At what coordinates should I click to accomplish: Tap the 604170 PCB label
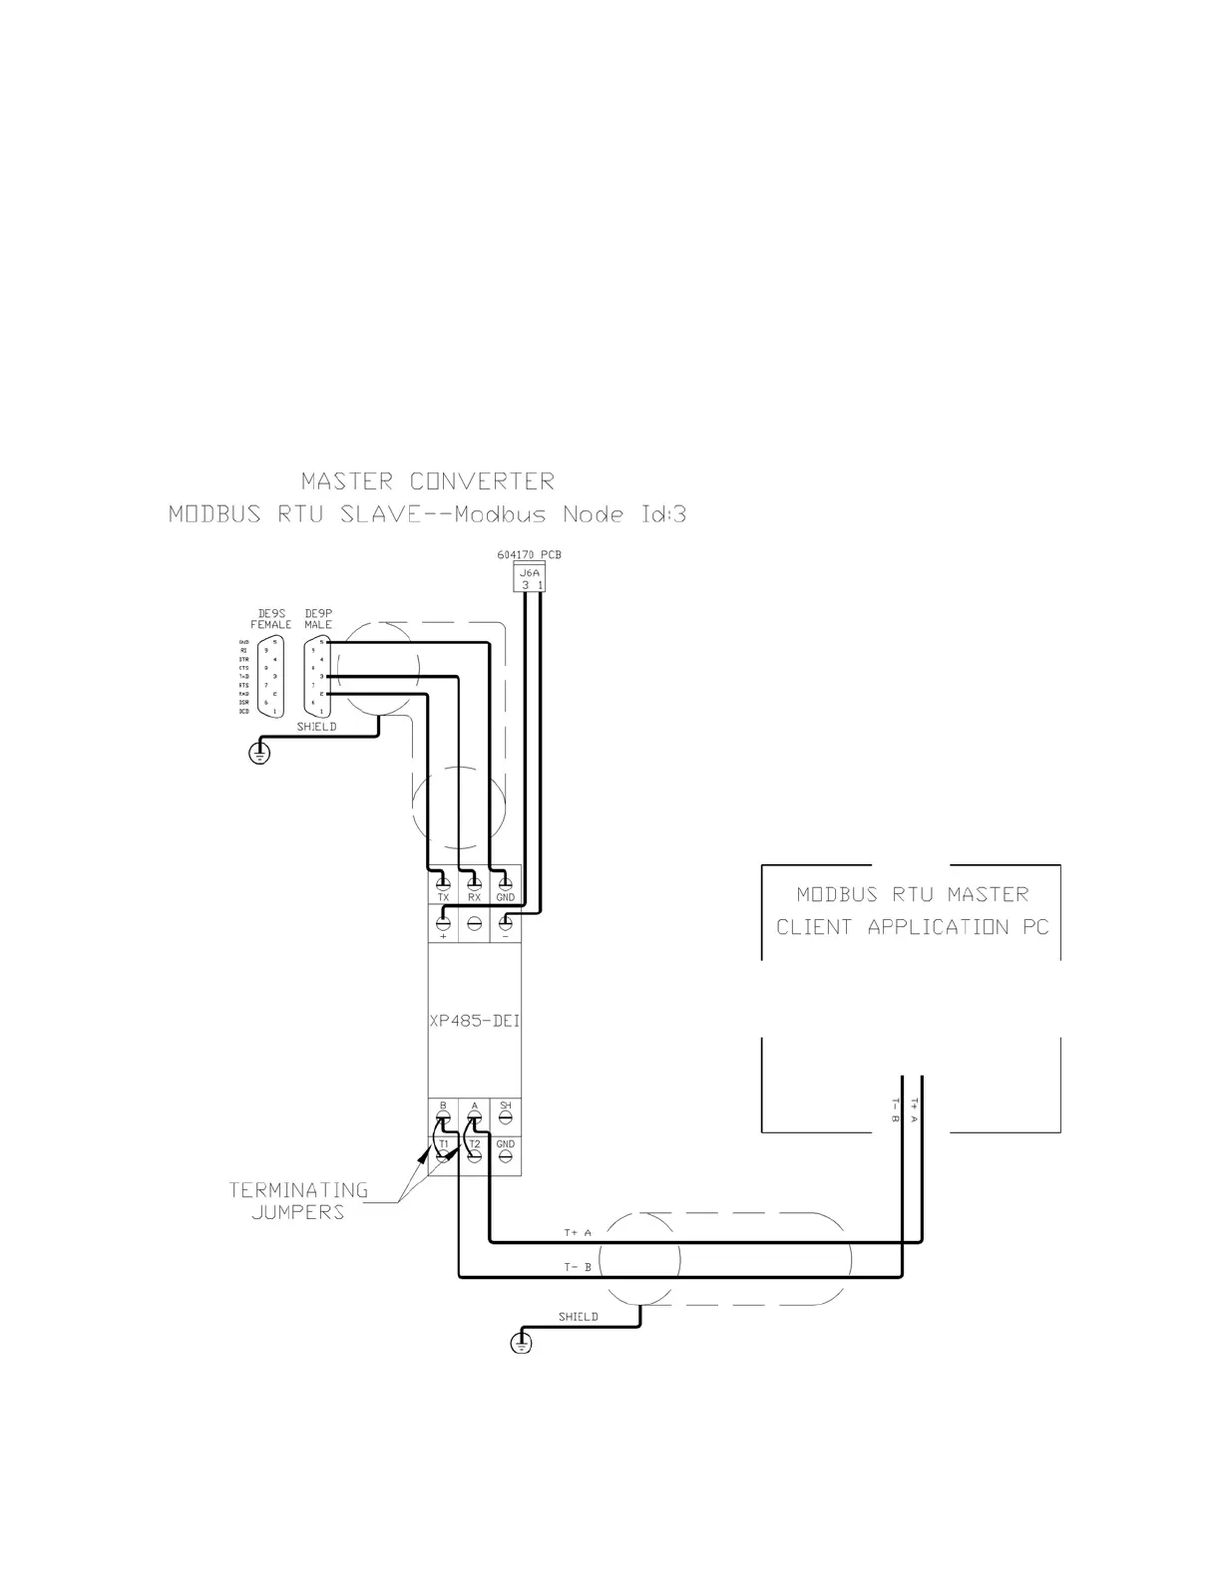click(x=535, y=554)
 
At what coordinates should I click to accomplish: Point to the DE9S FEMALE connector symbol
click(x=269, y=677)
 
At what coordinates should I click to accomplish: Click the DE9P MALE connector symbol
click(x=318, y=677)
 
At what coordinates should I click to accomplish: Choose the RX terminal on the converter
click(x=475, y=883)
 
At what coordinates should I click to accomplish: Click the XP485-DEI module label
click(x=474, y=1022)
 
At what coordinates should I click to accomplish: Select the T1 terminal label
click(x=444, y=1143)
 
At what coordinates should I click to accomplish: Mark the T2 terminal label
click(x=475, y=1143)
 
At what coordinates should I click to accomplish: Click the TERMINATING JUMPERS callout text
click(x=298, y=1201)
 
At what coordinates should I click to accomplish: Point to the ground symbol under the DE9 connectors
click(x=259, y=753)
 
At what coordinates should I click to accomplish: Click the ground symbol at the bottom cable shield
click(x=521, y=1343)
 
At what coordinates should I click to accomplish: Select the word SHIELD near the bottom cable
click(x=578, y=1317)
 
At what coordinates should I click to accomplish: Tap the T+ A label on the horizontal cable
click(x=578, y=1233)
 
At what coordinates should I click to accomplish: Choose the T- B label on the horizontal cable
click(x=578, y=1267)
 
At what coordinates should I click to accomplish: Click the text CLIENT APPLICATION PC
click(x=912, y=927)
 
